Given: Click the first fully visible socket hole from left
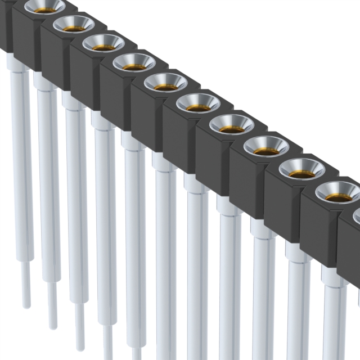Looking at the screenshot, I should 74,25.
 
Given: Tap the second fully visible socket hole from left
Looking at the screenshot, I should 103,43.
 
